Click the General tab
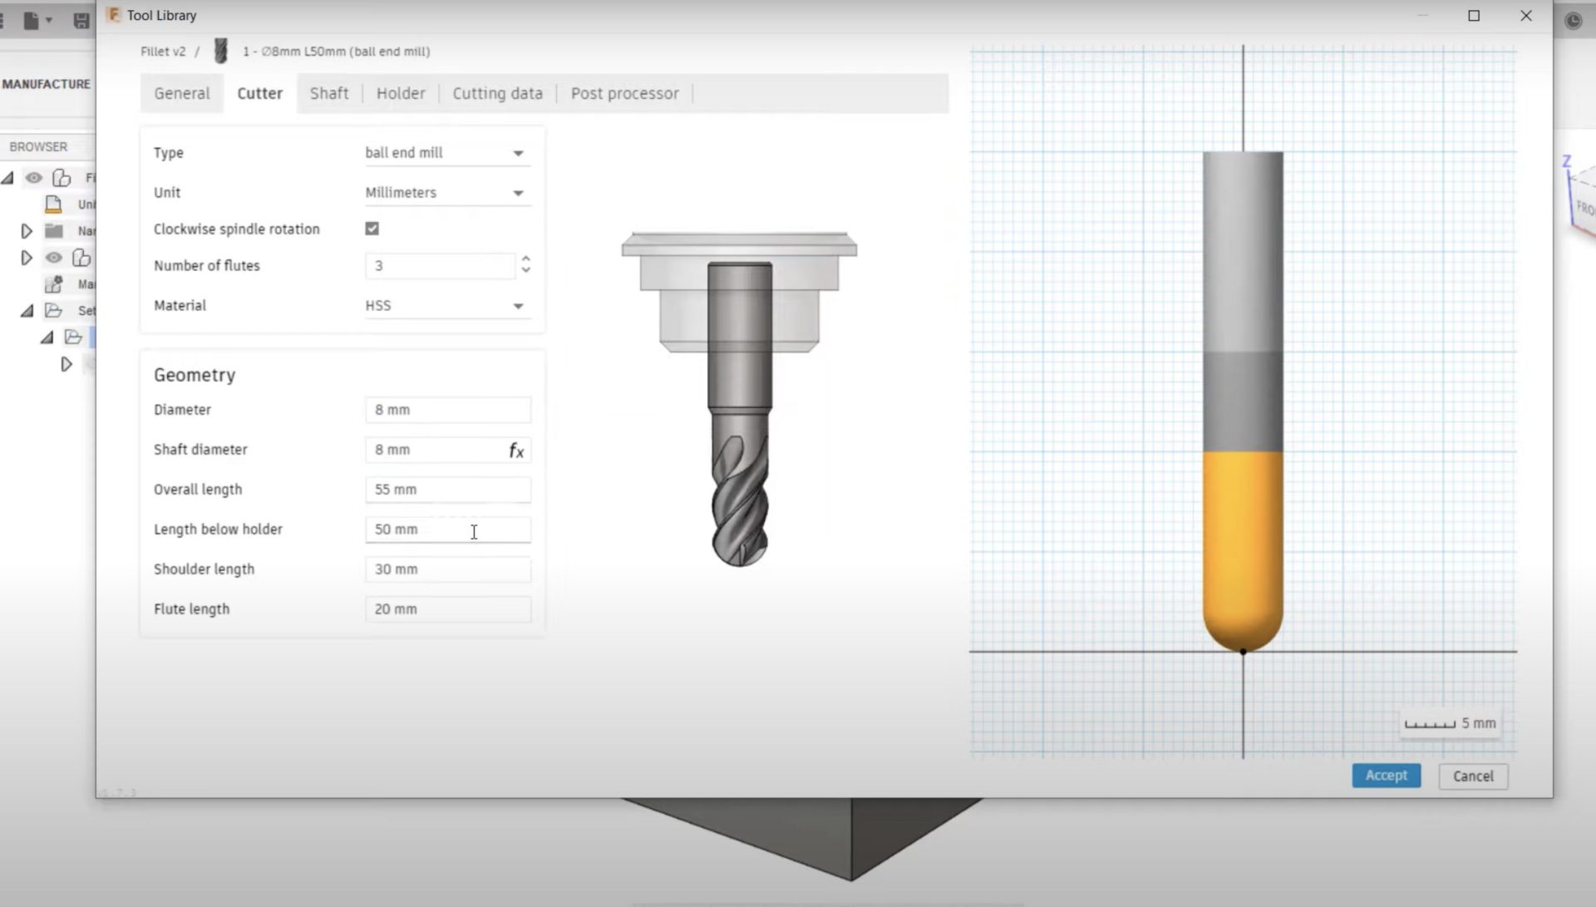tap(181, 93)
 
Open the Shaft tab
tap(329, 93)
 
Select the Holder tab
tap(401, 93)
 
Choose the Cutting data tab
tap(497, 93)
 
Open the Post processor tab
tap(624, 93)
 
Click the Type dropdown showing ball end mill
tap(446, 153)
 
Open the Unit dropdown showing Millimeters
tap(446, 193)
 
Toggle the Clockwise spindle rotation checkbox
tap(372, 229)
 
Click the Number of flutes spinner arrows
tap(525, 264)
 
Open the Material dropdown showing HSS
tap(446, 306)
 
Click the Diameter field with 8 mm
tap(447, 410)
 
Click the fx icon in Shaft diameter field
tap(516, 451)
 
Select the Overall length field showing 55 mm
tap(447, 490)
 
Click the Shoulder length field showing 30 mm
tap(447, 569)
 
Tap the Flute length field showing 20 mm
tap(447, 609)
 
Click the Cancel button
tap(1473, 776)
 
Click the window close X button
tap(1526, 16)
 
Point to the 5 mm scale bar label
tap(1478, 723)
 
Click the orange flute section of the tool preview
tap(1243, 540)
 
